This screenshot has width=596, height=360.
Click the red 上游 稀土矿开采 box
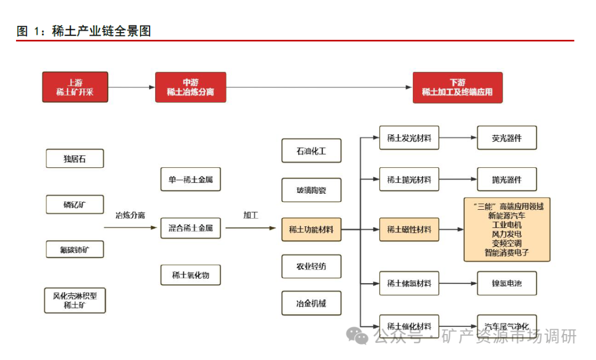coord(75,87)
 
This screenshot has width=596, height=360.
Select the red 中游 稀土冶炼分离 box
coord(190,87)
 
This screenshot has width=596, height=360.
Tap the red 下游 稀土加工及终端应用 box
coord(457,87)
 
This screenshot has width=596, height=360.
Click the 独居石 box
coord(74,159)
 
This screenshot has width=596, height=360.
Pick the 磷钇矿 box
coord(74,205)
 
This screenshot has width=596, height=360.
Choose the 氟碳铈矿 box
coord(74,250)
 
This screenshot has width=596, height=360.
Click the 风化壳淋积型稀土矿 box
coord(74,300)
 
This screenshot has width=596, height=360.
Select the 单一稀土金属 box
coord(190,179)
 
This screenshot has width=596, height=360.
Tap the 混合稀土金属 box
coord(190,227)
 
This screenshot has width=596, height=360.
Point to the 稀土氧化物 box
coord(190,274)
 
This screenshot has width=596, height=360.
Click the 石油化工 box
coord(311,151)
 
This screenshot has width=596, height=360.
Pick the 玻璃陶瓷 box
coord(311,190)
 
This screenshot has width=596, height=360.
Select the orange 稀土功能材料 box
coord(311,229)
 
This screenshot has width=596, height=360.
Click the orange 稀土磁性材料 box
coord(409,229)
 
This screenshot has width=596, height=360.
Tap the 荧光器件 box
coord(507,138)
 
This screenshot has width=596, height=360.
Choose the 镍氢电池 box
coord(507,284)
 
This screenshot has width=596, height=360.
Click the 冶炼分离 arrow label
coord(130,215)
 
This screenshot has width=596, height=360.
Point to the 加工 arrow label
coord(251,215)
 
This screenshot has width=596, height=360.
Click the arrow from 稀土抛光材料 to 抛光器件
coord(458,179)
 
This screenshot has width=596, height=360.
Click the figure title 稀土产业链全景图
coord(102,31)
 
